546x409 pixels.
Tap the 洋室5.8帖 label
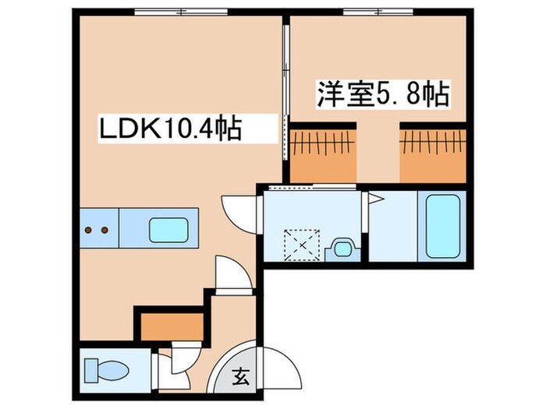pyautogui.click(x=381, y=95)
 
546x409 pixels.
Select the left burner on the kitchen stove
pyautogui.click(x=88, y=230)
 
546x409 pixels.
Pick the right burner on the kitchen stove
pyautogui.click(x=104, y=230)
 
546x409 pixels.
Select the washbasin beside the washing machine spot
pyautogui.click(x=342, y=248)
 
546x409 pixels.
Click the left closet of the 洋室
pyautogui.click(x=323, y=152)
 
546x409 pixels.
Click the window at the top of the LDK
pyautogui.click(x=181, y=12)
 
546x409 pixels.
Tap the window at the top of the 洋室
pyautogui.click(x=367, y=12)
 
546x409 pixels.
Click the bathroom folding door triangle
pyautogui.click(x=374, y=198)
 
